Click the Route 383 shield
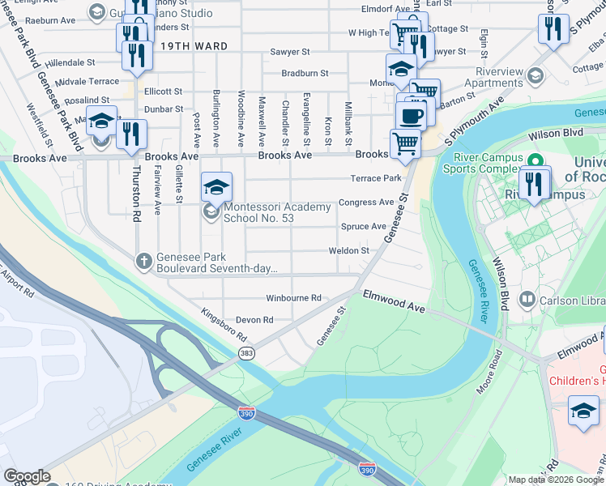coord(246,353)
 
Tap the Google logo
coord(27,477)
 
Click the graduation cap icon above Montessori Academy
coord(216,188)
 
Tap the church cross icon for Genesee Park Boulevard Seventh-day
coord(143,260)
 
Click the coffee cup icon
coord(412,114)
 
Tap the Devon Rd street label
coord(254,320)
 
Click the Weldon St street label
coord(348,251)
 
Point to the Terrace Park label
coord(375,178)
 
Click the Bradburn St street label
coord(305,73)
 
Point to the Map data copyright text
coord(556,480)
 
